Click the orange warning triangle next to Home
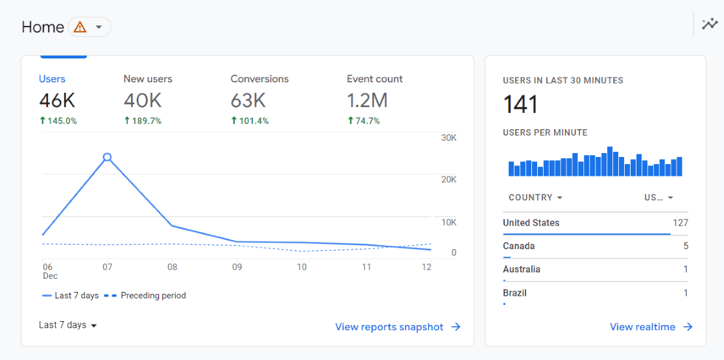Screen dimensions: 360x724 tap(80, 27)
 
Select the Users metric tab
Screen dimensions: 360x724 tap(52, 79)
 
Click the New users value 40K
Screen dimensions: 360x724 tap(142, 101)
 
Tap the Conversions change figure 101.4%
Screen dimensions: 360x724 tap(250, 121)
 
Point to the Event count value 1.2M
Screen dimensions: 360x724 tap(367, 101)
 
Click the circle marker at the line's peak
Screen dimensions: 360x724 tap(107, 157)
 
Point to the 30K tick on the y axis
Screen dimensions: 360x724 tap(449, 138)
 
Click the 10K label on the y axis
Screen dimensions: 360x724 tap(449, 222)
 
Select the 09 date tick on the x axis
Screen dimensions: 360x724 tap(237, 267)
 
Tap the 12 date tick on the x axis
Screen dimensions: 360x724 tap(426, 267)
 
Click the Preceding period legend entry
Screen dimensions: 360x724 tap(146, 296)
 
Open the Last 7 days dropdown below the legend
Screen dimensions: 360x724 tap(67, 325)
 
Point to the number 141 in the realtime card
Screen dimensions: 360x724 tap(520, 104)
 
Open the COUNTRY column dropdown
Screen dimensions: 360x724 tap(535, 197)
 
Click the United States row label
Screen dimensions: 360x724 tap(531, 222)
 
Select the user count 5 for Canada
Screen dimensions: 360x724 tap(685, 246)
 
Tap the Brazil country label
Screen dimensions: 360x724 tap(514, 293)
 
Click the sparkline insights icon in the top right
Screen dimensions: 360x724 tap(710, 25)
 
